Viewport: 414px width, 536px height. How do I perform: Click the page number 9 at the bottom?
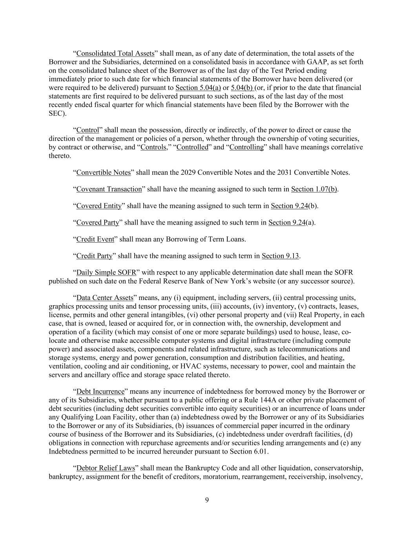pyautogui.click(x=207, y=500)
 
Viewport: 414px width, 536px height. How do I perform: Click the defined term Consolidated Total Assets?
pyautogui.click(x=115, y=53)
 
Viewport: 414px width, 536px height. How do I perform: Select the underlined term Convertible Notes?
pyautogui.click(x=103, y=172)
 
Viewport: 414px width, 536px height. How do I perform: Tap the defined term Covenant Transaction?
pyautogui.click(x=109, y=189)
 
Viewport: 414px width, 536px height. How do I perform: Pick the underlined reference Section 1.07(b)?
pyautogui.click(x=314, y=189)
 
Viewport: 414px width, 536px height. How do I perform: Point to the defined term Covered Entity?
pyautogui.click(x=99, y=206)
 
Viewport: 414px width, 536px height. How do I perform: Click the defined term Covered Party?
pyautogui.click(x=97, y=223)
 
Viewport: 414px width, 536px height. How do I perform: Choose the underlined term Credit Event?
pyautogui.click(x=95, y=239)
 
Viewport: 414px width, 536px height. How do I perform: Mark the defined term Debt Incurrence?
pyautogui.click(x=100, y=391)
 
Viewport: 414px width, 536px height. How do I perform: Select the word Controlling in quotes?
pyautogui.click(x=246, y=147)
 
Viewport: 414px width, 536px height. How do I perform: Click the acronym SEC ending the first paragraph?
pyautogui.click(x=56, y=113)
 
